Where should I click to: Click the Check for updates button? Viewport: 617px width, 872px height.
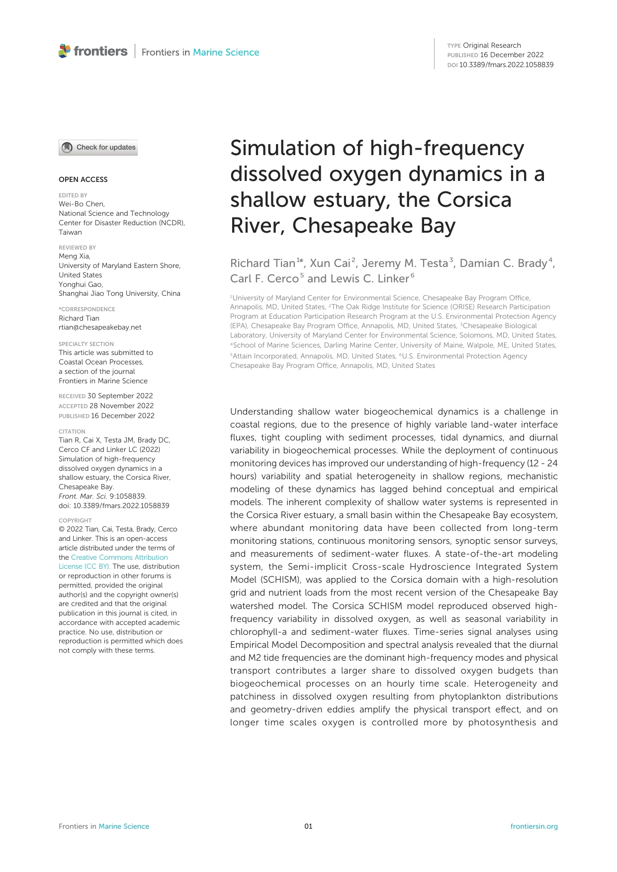tap(98, 148)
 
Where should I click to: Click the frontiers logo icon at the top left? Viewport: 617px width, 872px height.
tap(65, 51)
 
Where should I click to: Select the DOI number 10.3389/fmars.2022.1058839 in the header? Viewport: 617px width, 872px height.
tap(506, 65)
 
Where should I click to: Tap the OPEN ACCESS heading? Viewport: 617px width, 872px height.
tap(83, 179)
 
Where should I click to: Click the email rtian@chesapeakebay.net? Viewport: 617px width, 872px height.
tap(100, 327)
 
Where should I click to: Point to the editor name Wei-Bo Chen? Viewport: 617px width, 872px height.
tap(82, 204)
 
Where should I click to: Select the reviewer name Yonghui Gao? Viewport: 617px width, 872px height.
tap(81, 284)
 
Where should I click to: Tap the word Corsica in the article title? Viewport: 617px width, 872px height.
tap(474, 200)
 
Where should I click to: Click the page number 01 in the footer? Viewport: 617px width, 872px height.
tap(308, 826)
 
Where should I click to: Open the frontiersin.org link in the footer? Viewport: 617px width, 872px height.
tap(533, 826)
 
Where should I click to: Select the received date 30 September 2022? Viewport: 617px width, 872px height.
tap(120, 396)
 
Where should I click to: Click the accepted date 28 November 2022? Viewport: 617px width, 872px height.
tap(121, 406)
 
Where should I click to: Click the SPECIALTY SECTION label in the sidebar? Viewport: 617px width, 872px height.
tap(86, 344)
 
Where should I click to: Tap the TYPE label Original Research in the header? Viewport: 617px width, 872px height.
tap(492, 45)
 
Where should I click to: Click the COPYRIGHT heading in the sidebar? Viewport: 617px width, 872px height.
tap(75, 521)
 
